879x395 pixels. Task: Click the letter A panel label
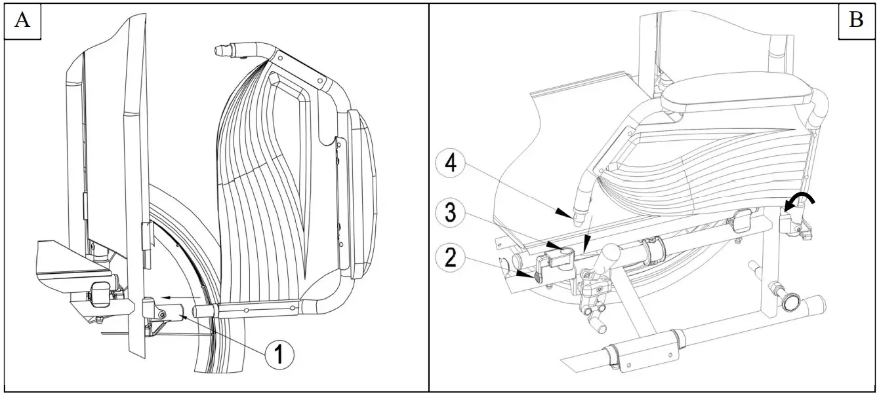pos(22,21)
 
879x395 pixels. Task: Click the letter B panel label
pos(856,21)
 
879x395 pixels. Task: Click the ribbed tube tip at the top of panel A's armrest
pos(226,50)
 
